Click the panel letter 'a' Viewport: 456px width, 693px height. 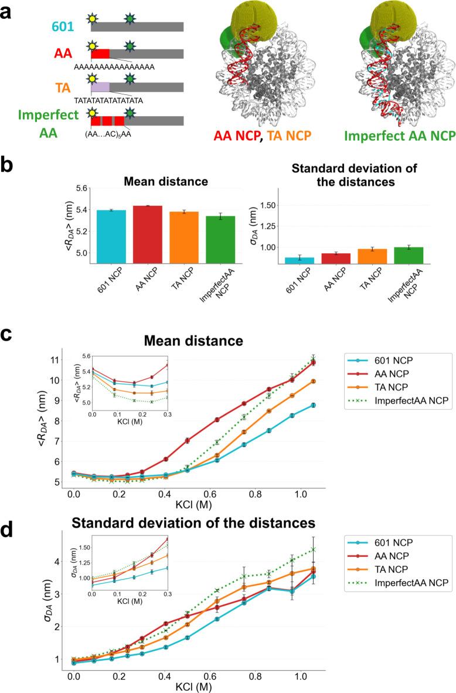click(x=9, y=10)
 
